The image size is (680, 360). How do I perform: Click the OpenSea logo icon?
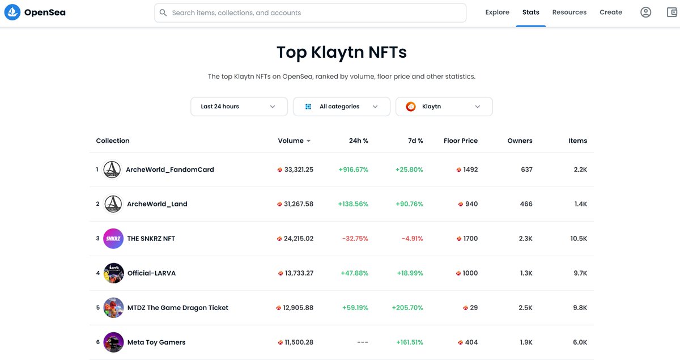pos(12,12)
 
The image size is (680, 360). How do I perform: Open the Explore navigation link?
pos(497,12)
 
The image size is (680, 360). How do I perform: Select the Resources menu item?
pos(569,12)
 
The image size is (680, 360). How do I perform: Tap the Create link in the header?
pos(611,12)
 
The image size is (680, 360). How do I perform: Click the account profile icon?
pos(645,12)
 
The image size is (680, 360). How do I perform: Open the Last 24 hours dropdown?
pos(239,107)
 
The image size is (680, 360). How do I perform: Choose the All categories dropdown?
pos(341,107)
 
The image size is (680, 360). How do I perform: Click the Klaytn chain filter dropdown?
pos(444,107)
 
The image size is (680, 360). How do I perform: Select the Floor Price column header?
pos(460,141)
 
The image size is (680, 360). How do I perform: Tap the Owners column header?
pos(520,141)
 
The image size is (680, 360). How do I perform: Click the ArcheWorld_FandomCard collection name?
pos(170,170)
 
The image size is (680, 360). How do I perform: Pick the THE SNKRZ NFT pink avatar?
pos(113,239)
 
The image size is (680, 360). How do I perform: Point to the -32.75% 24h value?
pos(355,239)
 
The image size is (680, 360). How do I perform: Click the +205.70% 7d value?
pos(407,308)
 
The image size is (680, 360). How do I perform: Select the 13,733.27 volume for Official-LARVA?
pos(299,273)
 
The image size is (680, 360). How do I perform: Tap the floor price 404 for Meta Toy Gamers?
pos(471,342)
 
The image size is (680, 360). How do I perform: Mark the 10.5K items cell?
pos(579,239)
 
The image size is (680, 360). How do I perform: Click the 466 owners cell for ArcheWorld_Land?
pos(526,204)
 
